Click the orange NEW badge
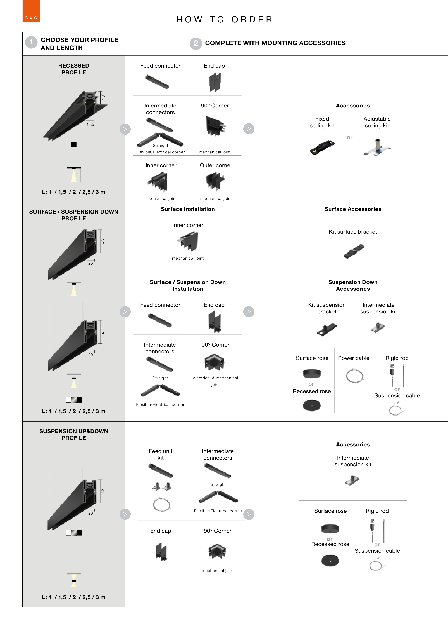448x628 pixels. [x=31, y=11]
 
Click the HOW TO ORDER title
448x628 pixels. [x=225, y=20]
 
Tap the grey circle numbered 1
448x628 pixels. [x=31, y=42]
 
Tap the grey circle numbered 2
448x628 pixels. [x=196, y=43]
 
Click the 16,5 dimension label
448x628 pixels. [x=90, y=125]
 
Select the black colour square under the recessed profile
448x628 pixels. [x=74, y=145]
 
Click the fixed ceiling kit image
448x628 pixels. [x=322, y=147]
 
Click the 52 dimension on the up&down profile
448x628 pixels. [x=103, y=491]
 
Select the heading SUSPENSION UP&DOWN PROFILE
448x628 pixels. [x=74, y=434]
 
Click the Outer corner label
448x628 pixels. [x=216, y=165]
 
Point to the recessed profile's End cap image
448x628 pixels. [x=215, y=82]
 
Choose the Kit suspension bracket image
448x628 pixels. [x=327, y=329]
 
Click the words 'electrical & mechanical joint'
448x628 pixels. [x=215, y=381]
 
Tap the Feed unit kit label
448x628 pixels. [x=161, y=454]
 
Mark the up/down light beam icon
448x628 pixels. [x=74, y=580]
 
